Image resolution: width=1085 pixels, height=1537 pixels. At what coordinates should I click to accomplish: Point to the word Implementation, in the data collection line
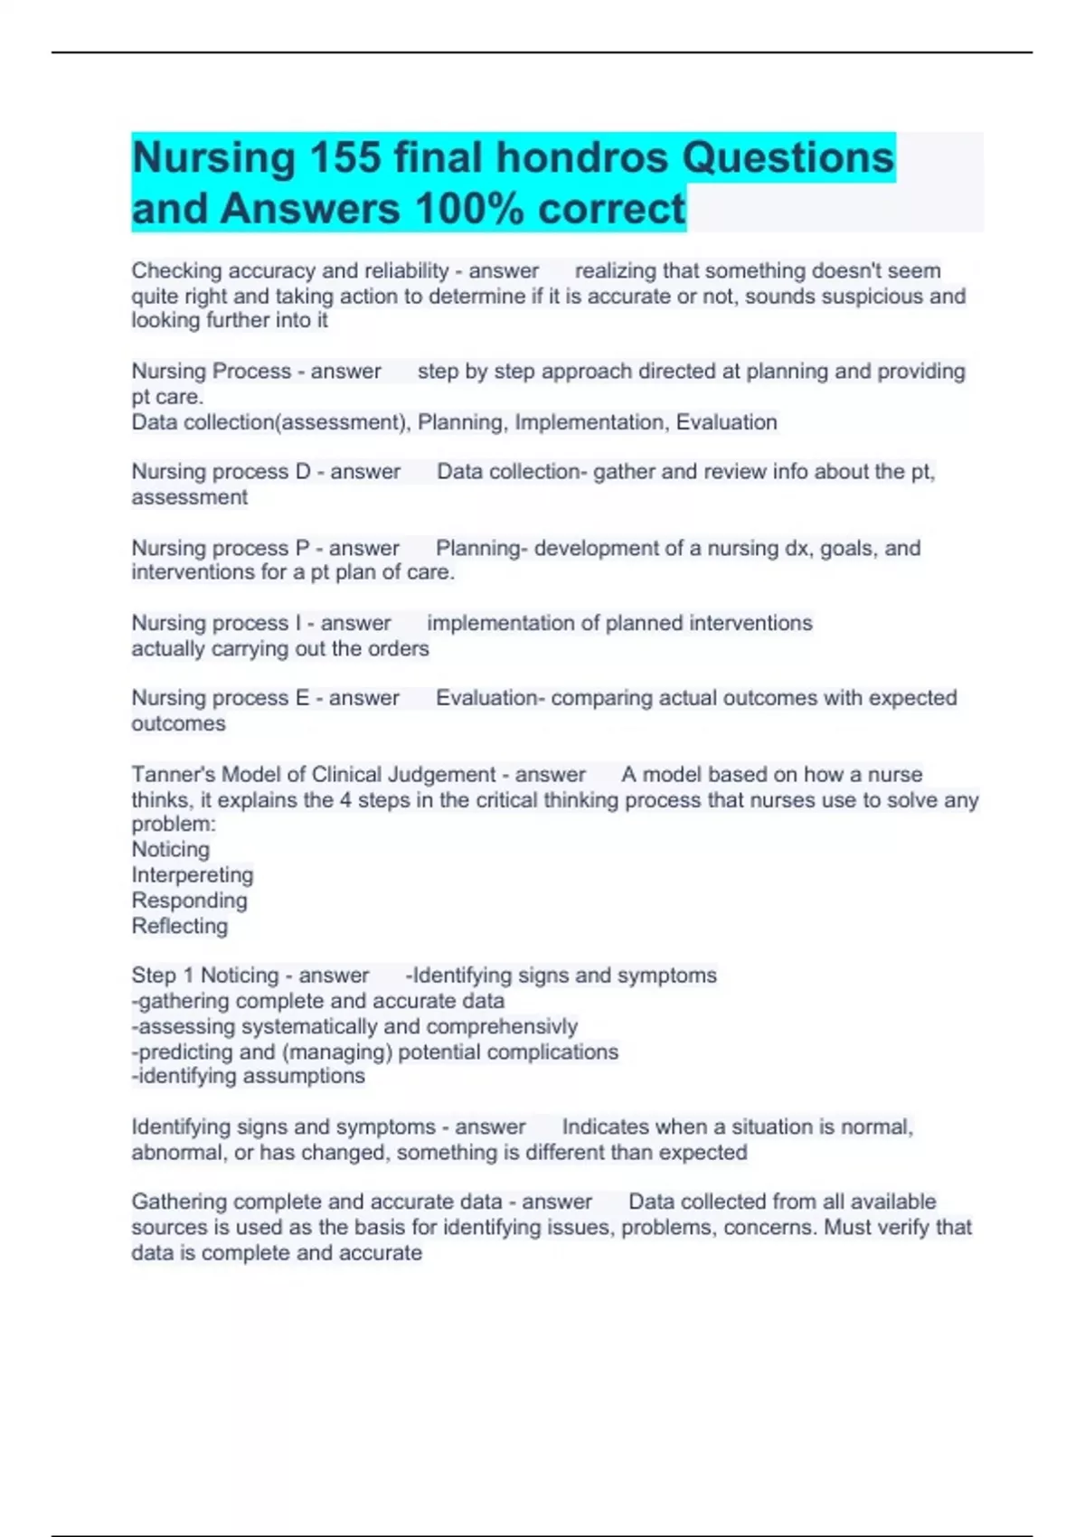tap(591, 422)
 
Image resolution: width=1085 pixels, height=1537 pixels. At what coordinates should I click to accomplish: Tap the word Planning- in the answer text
tap(480, 548)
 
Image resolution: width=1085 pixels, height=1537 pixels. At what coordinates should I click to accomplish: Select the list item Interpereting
tap(193, 875)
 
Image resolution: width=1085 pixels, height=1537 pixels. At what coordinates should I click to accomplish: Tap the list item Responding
tap(189, 901)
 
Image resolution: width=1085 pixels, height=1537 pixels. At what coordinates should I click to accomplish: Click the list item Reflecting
tap(180, 926)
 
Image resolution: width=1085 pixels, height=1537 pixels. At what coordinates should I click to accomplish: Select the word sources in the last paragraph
tap(169, 1228)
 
